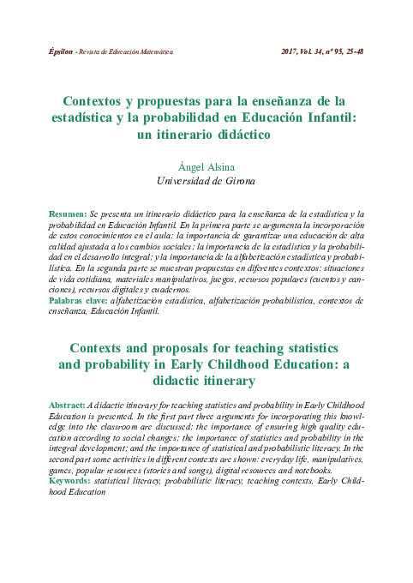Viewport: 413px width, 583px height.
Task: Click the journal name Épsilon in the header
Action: pos(59,51)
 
